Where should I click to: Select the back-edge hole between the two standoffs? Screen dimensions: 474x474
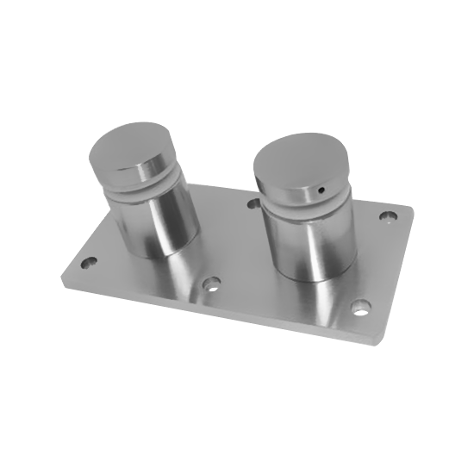[253, 203]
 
